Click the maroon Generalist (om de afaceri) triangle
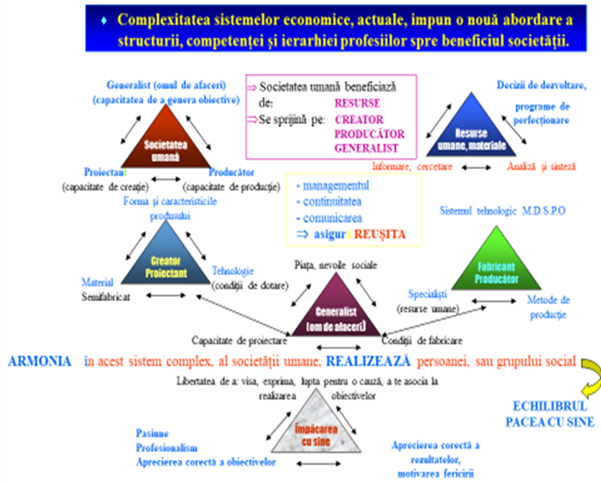tap(336, 311)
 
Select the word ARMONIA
tap(39, 363)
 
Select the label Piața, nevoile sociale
tap(336, 264)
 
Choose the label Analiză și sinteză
tap(539, 166)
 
